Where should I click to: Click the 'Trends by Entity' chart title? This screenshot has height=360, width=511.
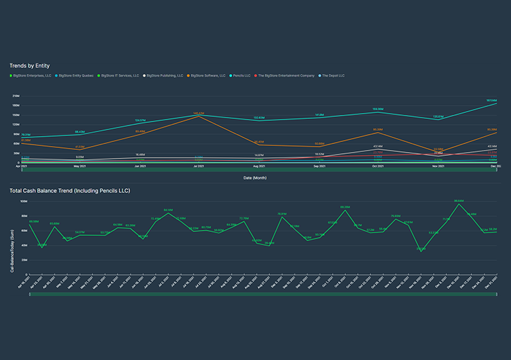(x=29, y=65)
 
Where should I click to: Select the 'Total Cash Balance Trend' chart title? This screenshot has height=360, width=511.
(x=69, y=191)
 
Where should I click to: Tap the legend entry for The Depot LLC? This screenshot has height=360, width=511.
(x=331, y=76)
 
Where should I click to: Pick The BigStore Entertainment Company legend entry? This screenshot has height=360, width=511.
(x=286, y=76)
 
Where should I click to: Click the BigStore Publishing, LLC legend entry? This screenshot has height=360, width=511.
(x=164, y=76)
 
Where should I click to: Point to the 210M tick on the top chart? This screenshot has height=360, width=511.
(x=15, y=96)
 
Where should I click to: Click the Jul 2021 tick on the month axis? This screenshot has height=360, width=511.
(x=198, y=166)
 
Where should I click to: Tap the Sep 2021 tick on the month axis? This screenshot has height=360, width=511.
(x=319, y=166)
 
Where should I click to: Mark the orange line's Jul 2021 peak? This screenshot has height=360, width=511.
(x=199, y=116)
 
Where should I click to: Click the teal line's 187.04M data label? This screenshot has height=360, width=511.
(x=491, y=100)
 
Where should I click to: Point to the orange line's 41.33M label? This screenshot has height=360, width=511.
(x=79, y=147)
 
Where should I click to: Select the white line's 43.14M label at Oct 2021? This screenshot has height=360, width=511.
(x=378, y=146)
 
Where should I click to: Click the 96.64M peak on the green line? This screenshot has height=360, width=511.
(x=458, y=203)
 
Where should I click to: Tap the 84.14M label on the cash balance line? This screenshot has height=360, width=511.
(x=168, y=209)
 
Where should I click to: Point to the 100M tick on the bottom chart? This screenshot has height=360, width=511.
(x=23, y=201)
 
